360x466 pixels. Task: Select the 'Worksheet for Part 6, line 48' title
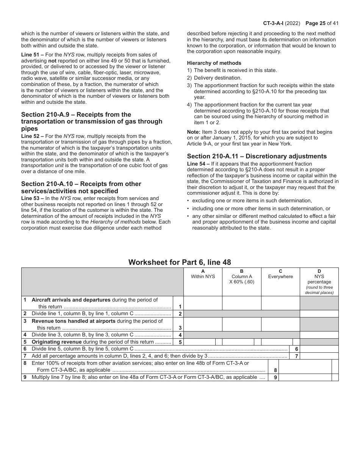180,262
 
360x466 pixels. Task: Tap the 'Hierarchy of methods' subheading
214,63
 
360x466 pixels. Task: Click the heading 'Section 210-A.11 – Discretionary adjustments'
257,156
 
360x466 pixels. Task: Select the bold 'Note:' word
194,132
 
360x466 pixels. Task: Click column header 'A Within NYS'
203,274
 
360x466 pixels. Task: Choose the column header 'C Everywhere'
280,274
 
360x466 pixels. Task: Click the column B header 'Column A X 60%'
242,277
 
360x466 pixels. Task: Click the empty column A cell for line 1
203,303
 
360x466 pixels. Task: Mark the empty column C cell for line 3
280,324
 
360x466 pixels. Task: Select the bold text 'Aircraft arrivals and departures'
71,300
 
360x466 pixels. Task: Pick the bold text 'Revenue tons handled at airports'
74,321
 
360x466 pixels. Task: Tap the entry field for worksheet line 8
305,366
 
